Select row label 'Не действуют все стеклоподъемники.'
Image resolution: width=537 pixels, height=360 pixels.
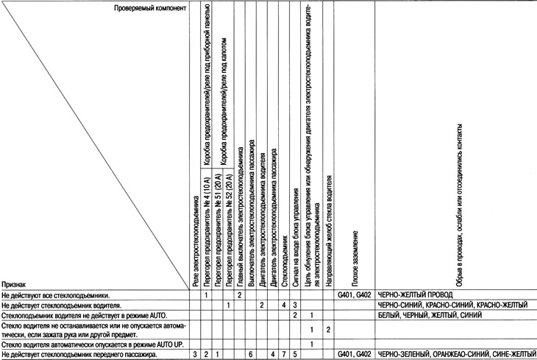pyautogui.click(x=56, y=294)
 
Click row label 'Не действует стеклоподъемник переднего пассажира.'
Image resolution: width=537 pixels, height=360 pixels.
pyautogui.click(x=80, y=355)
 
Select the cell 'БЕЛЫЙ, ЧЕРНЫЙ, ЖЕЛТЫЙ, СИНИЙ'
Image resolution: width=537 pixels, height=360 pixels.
pyautogui.click(x=430, y=314)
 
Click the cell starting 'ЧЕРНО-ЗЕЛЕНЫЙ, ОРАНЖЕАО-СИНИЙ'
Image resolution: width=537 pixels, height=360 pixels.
pyautogui.click(x=452, y=355)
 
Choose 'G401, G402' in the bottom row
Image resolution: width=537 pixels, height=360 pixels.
pyautogui.click(x=355, y=355)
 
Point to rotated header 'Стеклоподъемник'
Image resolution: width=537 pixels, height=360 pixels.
pyautogui.click(x=284, y=261)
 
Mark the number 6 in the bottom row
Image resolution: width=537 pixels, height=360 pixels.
pyautogui.click(x=251, y=355)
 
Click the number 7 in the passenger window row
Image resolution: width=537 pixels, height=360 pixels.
pyautogui.click(x=284, y=355)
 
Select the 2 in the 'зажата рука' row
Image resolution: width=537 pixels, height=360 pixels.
pyautogui.click(x=329, y=329)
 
